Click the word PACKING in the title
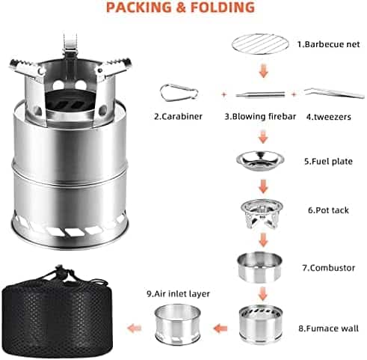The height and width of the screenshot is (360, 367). click(x=139, y=7)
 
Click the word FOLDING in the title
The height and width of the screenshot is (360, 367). click(x=223, y=7)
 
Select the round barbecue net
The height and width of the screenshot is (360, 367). click(x=260, y=44)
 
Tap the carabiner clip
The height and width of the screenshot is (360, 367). click(x=179, y=93)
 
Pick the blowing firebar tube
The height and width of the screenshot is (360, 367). click(x=260, y=95)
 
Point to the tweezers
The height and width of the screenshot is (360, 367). click(x=334, y=94)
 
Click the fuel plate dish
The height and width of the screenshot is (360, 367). click(x=260, y=160)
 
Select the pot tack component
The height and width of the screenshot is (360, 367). click(x=262, y=213)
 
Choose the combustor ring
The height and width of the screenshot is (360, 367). click(x=259, y=267)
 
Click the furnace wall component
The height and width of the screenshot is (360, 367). click(x=261, y=323)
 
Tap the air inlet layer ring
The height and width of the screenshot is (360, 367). click(x=178, y=323)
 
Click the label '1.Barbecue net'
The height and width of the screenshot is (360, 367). click(x=328, y=44)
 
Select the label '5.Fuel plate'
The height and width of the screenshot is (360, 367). click(x=328, y=161)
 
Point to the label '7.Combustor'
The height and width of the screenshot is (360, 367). click(x=329, y=268)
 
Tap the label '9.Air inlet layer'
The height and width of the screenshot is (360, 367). click(x=178, y=293)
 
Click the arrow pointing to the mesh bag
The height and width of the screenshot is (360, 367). click(x=134, y=328)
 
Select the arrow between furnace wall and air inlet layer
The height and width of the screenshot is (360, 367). click(x=220, y=329)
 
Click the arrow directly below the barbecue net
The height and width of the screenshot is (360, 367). click(x=263, y=70)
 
